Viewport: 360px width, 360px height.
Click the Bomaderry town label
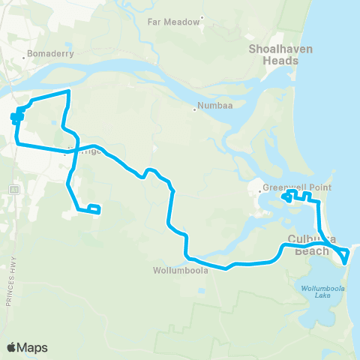49,54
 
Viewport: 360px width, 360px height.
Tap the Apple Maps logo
27,347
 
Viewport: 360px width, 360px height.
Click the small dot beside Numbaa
195,110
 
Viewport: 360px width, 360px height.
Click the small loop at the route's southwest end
94,209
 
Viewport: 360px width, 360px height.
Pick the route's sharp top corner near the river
69,91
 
